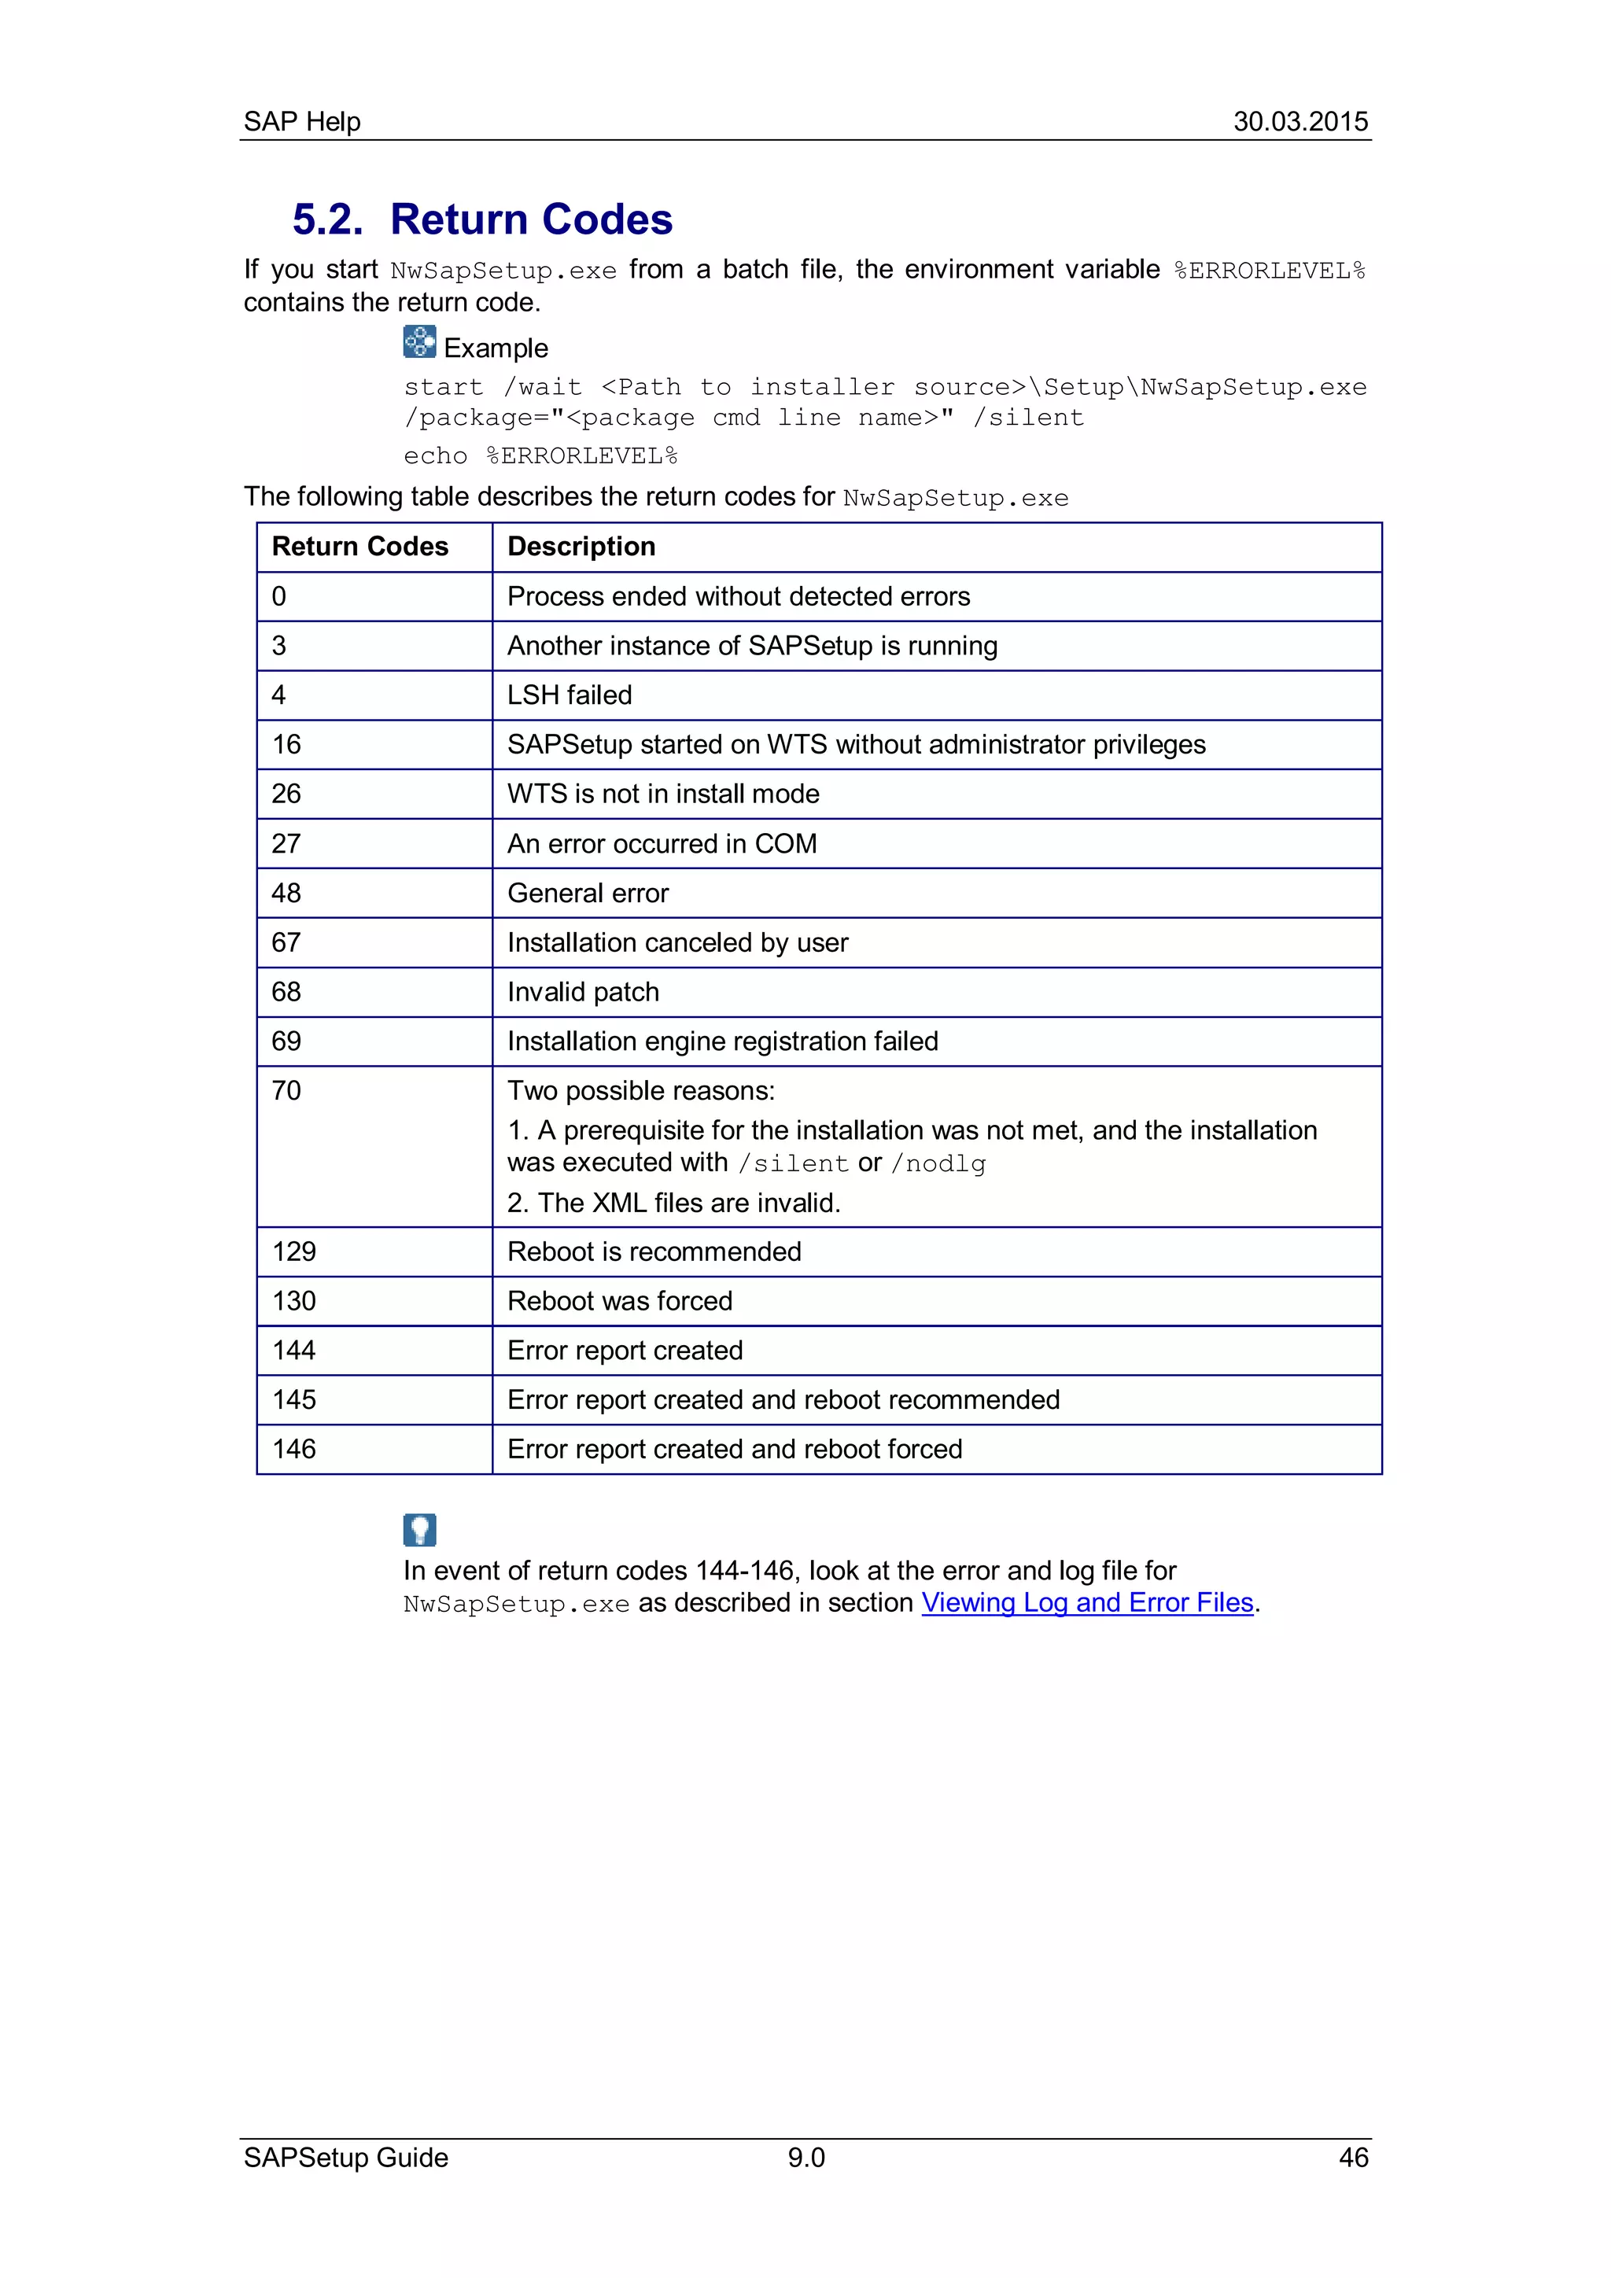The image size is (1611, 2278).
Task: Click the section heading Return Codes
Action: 531,219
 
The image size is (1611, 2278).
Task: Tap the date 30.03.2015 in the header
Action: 1299,121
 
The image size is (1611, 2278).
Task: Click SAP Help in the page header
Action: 301,121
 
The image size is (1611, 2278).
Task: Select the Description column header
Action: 581,547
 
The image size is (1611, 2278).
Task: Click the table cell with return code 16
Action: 286,744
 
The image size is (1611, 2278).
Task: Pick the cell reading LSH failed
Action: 570,695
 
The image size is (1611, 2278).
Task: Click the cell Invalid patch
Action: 584,991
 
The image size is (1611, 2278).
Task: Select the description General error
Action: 588,893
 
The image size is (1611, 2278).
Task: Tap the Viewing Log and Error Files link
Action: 1087,1602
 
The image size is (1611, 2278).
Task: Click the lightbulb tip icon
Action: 419,1529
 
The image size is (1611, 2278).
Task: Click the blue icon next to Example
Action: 419,341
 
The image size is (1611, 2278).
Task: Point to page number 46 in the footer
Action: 1353,2157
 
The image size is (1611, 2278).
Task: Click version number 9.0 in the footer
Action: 805,2157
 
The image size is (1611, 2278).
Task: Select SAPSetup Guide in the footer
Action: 345,2157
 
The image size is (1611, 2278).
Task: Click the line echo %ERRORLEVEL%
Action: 540,456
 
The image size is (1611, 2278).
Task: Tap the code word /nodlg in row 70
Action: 938,1164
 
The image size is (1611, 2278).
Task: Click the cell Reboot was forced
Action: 620,1301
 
